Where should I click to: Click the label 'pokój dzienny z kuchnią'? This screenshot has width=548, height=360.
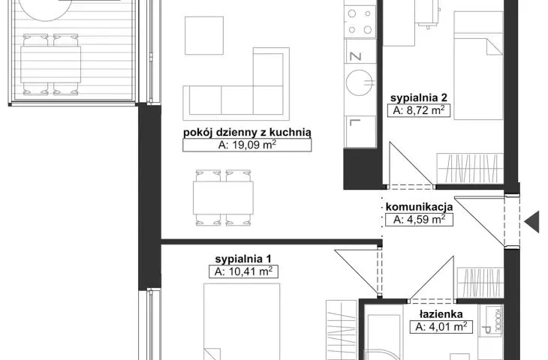247,132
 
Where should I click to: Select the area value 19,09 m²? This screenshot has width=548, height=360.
247,145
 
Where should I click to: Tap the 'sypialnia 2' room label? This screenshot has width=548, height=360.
419,97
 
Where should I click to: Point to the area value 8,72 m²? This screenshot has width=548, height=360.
419,110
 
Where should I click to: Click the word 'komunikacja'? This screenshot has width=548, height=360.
419,207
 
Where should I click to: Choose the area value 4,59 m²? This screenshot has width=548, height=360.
419,219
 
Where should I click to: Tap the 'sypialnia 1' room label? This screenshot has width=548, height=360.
243,259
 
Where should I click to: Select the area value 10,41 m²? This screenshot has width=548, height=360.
243,271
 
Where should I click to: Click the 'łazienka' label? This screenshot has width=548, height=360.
441,314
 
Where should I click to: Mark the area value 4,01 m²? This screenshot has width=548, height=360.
441,327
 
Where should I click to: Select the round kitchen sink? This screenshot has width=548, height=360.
360,82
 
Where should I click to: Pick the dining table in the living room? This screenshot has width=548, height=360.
223,198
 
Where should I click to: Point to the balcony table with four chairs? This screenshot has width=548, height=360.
51,64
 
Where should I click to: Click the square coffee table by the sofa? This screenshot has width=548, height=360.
204,35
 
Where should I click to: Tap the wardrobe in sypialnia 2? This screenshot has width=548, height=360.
470,168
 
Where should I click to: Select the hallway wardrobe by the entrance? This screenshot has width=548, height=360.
480,283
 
